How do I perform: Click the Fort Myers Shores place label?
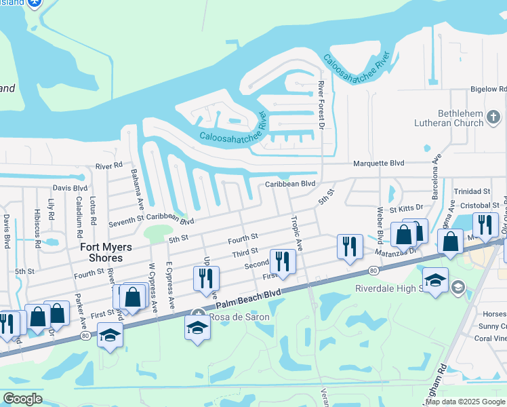(x=102, y=252)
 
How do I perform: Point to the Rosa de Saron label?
(x=239, y=317)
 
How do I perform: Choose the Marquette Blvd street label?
(x=379, y=163)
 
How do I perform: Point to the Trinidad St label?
(x=472, y=192)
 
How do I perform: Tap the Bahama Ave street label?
(x=138, y=188)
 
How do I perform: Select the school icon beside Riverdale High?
(x=434, y=279)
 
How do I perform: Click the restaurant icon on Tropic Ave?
(x=282, y=261)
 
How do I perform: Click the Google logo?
(x=23, y=399)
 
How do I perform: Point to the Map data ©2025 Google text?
(x=466, y=402)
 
